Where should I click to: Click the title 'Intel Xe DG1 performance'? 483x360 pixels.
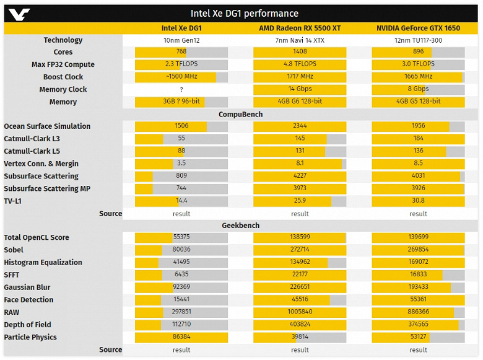(x=244, y=13)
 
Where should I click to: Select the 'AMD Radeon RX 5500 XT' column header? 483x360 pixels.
(x=300, y=28)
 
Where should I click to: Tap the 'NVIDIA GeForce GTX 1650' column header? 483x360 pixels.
(x=418, y=28)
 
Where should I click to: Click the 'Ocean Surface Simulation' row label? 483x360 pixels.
(x=47, y=126)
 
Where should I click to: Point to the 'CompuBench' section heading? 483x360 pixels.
(x=241, y=114)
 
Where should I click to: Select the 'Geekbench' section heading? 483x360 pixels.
(x=241, y=226)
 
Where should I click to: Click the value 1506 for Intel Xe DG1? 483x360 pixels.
(x=181, y=126)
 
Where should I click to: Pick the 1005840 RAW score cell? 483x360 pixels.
(x=300, y=312)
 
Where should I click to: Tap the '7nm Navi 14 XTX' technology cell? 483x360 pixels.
(x=300, y=40)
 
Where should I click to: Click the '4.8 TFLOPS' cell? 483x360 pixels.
(x=300, y=64)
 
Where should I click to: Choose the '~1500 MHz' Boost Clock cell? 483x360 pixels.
(x=181, y=77)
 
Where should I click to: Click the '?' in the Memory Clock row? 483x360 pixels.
(x=181, y=89)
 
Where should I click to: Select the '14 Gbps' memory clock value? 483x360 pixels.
(x=300, y=89)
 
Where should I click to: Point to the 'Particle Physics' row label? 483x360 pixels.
(x=30, y=337)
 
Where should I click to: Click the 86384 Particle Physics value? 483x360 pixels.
(x=181, y=337)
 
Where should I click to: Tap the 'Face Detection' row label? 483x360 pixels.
(x=28, y=300)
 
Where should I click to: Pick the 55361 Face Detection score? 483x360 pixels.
(x=418, y=300)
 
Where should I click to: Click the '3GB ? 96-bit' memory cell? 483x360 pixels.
(x=181, y=102)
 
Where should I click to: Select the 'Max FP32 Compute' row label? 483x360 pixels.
(x=63, y=64)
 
